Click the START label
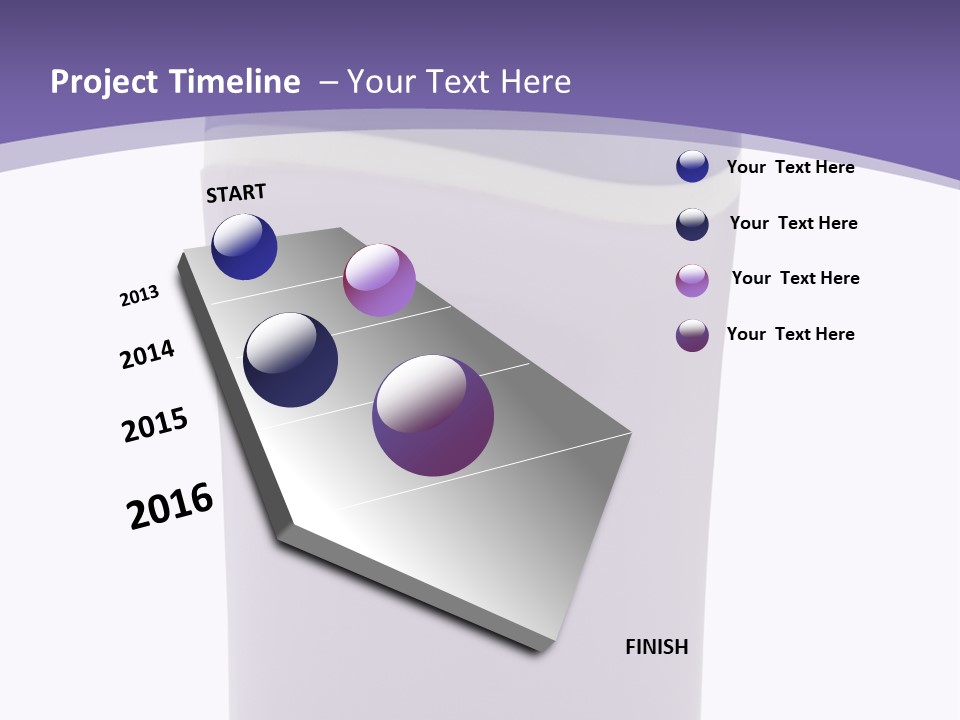coord(236,193)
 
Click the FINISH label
coord(656,647)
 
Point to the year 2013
coord(139,296)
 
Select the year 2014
coord(147,355)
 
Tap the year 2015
coord(155,425)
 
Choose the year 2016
coord(170,506)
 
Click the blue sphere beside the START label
coord(244,247)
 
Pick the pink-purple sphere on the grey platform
coord(379,280)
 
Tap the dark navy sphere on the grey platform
coord(291,360)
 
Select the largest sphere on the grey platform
coord(433,415)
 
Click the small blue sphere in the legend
coord(692,166)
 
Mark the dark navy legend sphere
coord(692,224)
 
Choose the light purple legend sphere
coord(692,280)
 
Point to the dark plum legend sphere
coord(692,335)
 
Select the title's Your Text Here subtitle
coord(459,82)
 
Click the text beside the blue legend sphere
coord(790,167)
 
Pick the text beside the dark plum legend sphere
coord(790,334)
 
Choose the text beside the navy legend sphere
coord(793,223)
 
